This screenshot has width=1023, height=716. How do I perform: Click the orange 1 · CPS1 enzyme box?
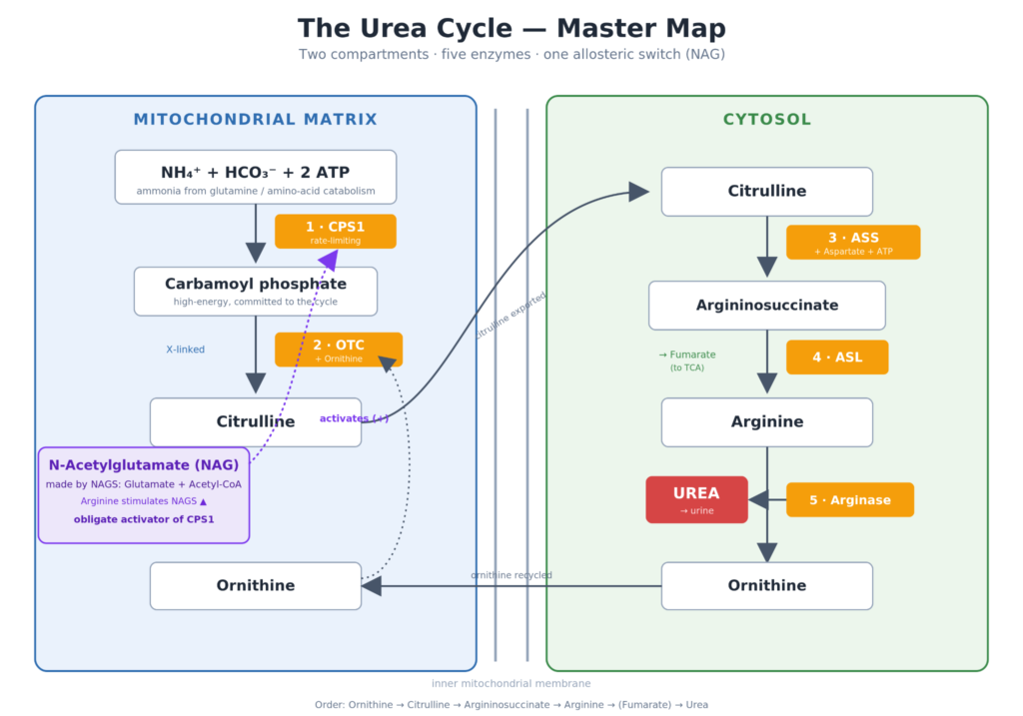point(336,232)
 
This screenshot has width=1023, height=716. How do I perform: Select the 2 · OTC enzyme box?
point(339,350)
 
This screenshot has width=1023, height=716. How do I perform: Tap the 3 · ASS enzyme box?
point(853,243)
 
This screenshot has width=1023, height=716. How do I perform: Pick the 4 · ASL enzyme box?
point(837,358)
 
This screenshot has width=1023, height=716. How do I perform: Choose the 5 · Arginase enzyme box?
point(850,499)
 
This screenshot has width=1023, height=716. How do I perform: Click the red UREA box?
point(696,499)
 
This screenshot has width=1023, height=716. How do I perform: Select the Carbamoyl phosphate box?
point(256,292)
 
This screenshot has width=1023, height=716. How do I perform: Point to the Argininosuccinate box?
point(767,306)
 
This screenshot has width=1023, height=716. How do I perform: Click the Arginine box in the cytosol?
point(767,422)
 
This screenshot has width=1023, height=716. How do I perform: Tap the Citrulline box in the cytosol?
point(767,192)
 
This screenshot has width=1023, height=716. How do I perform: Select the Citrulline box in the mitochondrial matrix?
point(256,422)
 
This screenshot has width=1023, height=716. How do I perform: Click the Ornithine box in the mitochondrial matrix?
point(256,586)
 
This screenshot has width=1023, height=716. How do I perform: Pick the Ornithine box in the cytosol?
point(767,586)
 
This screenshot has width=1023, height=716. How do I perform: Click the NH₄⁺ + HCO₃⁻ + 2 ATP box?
point(256,178)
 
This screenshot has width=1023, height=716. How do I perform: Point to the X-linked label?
point(185,350)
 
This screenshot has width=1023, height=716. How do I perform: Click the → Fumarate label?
point(687,355)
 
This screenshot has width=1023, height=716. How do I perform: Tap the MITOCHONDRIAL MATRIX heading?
point(256,120)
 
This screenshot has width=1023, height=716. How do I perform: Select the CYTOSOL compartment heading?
point(767,120)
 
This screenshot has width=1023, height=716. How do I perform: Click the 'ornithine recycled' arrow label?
point(511,575)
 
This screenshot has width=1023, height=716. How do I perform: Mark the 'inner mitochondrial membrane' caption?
point(511,683)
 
